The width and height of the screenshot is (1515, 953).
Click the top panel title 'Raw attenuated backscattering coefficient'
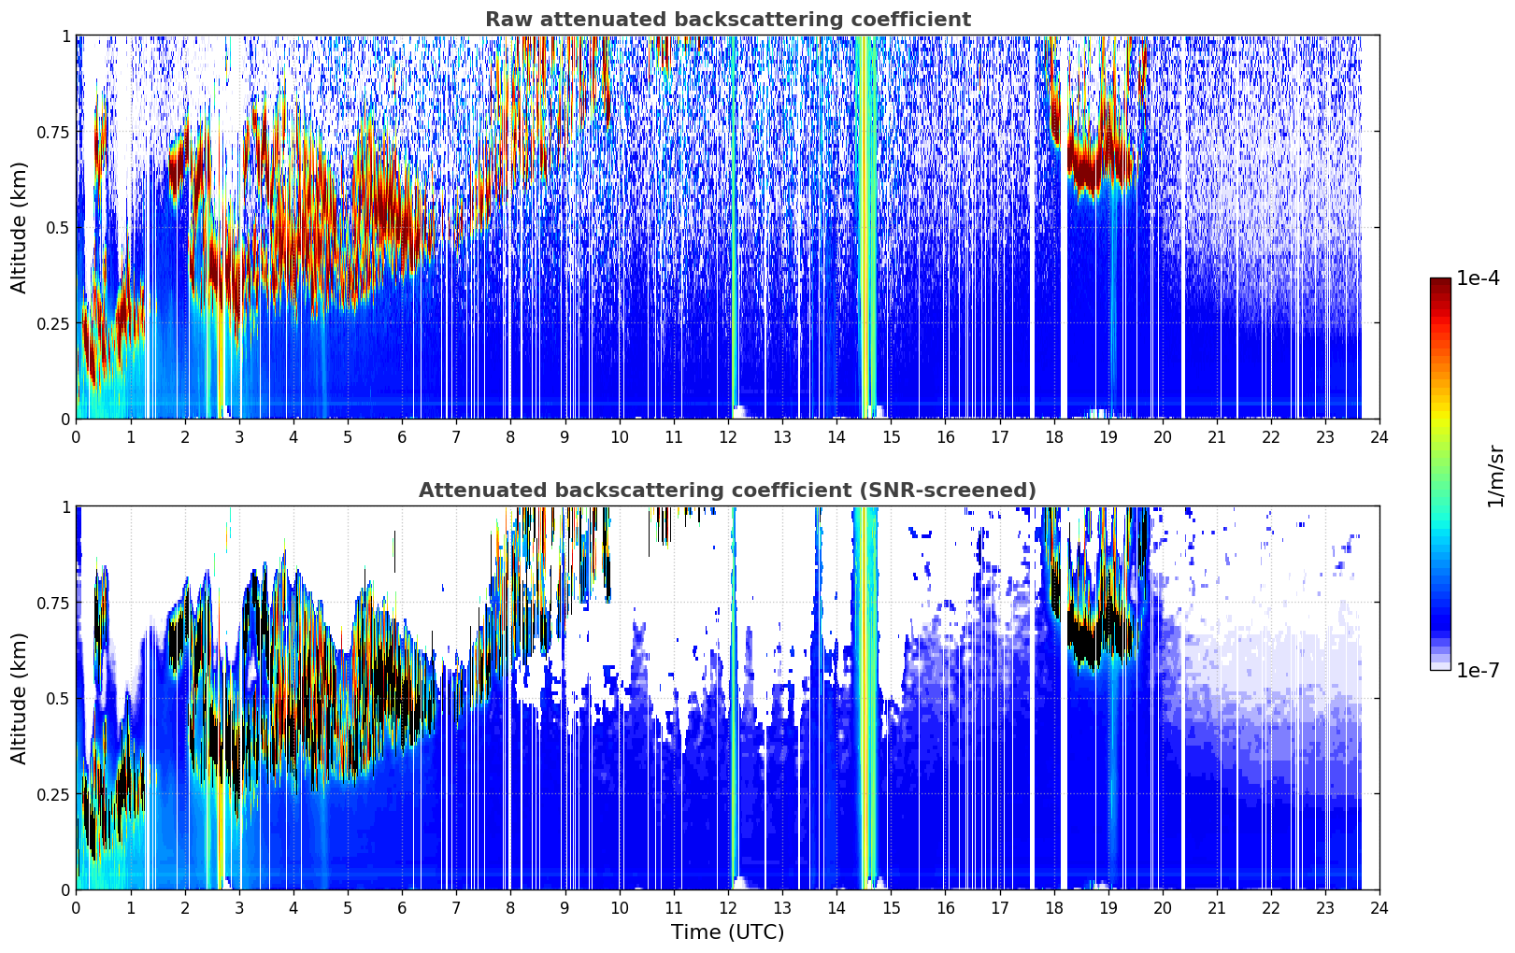(728, 20)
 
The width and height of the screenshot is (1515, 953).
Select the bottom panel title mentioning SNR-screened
(728, 490)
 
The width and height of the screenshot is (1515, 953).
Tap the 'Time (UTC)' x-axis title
(728, 932)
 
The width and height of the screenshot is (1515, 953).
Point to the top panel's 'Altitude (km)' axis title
(19, 228)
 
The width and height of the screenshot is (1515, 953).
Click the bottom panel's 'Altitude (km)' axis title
(19, 699)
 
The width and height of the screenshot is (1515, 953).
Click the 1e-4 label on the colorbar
(1478, 277)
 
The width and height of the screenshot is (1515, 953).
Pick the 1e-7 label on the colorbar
(1478, 671)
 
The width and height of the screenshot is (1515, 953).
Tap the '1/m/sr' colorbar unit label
(1495, 476)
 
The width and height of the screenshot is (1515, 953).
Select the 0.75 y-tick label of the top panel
(52, 132)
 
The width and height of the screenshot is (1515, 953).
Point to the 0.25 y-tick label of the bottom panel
(52, 794)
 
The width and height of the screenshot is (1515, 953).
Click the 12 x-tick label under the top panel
(728, 437)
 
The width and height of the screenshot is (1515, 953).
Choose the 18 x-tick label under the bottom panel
(1053, 908)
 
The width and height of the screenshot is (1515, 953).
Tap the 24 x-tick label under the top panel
(1379, 437)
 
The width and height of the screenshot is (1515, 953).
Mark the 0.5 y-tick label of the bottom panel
(57, 698)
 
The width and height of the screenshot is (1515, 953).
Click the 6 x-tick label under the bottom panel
(402, 908)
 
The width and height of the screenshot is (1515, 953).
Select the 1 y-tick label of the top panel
(66, 36)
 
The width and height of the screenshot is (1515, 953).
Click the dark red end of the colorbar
(1440, 282)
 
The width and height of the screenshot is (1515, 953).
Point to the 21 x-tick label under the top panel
(1217, 437)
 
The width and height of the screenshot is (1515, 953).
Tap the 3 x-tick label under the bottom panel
(238, 908)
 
